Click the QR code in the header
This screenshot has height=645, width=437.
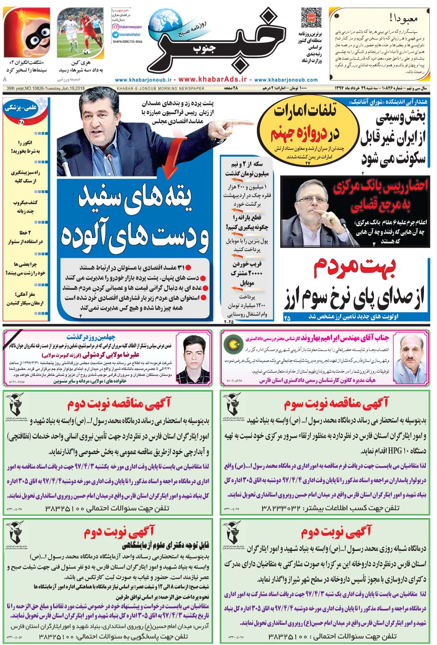point(311,18)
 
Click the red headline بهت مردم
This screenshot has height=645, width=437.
point(355,267)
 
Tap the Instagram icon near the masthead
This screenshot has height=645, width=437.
point(115,27)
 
